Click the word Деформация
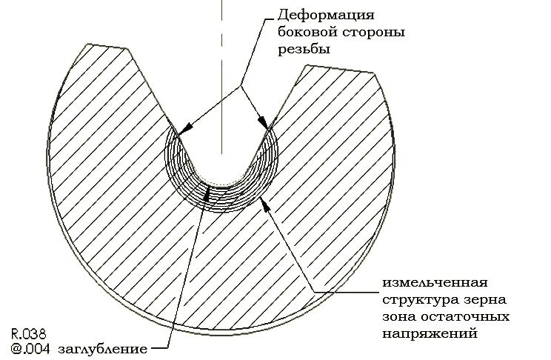326,16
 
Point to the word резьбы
304,49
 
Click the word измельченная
435,283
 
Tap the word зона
398,317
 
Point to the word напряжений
430,333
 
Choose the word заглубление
102,350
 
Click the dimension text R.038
29,333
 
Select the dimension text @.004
30,349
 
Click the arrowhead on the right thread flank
263,124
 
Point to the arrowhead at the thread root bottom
207,193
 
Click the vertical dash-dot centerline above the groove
221,76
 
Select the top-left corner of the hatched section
87,44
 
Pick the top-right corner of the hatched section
375,73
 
